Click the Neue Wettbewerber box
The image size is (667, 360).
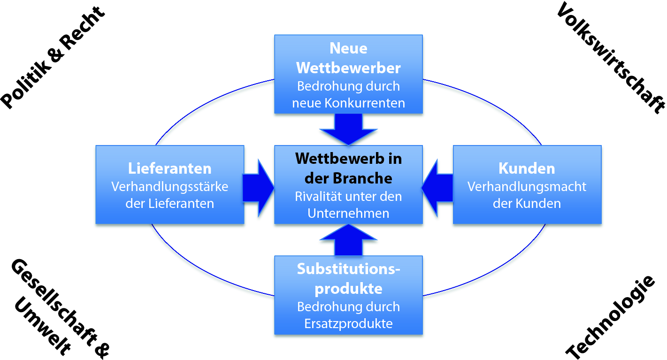click(348, 74)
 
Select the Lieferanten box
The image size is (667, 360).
click(169, 184)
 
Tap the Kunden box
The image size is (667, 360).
click(527, 184)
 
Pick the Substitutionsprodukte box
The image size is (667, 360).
click(348, 295)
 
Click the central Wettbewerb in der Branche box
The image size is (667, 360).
click(348, 184)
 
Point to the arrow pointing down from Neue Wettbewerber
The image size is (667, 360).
click(348, 129)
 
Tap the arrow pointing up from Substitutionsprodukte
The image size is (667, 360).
click(348, 240)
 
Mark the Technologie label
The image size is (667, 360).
click(610, 317)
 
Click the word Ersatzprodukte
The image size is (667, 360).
click(348, 324)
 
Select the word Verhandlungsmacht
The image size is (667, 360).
click(527, 187)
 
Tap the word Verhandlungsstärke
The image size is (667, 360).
click(169, 187)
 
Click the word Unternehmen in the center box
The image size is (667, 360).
click(348, 213)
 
